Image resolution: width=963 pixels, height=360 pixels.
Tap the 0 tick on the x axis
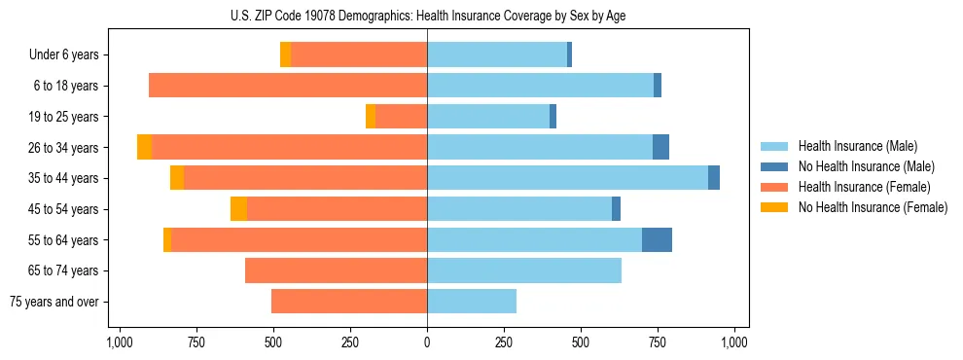coord(427,342)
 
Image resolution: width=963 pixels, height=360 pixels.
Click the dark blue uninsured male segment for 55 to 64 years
coord(657,239)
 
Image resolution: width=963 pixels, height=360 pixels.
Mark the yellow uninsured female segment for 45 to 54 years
coord(238,209)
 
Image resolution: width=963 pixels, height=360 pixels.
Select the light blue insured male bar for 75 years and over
coord(472,302)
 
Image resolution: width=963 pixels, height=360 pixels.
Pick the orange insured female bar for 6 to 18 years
coord(288,86)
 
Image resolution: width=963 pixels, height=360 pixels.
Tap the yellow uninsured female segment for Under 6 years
coord(285,54)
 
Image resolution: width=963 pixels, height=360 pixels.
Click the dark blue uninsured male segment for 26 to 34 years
coord(660,147)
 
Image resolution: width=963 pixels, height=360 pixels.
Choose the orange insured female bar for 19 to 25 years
coord(401,117)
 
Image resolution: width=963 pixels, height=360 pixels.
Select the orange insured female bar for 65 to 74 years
coord(336,270)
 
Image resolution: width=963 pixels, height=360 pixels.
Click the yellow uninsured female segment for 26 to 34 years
coord(144,147)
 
